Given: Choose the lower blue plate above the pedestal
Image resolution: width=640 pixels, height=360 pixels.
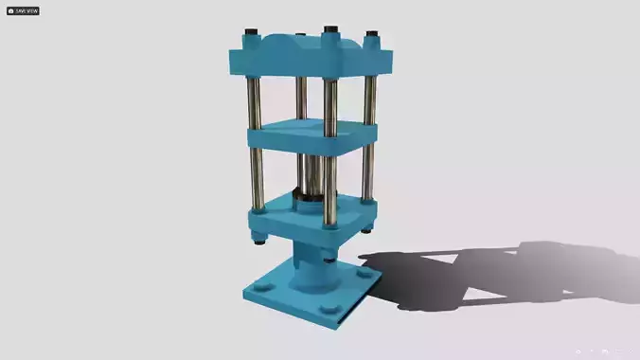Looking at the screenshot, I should (312, 216).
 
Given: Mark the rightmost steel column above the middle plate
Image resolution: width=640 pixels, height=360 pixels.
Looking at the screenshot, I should (368, 99).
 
